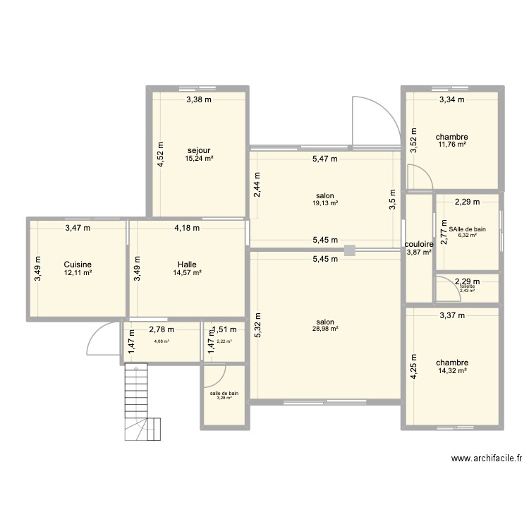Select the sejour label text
point(199,150)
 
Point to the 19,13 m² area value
point(325,203)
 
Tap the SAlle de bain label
point(468,229)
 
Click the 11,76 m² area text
point(452,145)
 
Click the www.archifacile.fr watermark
point(486,458)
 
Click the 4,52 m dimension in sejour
point(161,154)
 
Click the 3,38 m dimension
point(198,99)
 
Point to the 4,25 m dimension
point(415,366)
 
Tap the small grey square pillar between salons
point(350,249)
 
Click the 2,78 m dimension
point(162,329)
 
